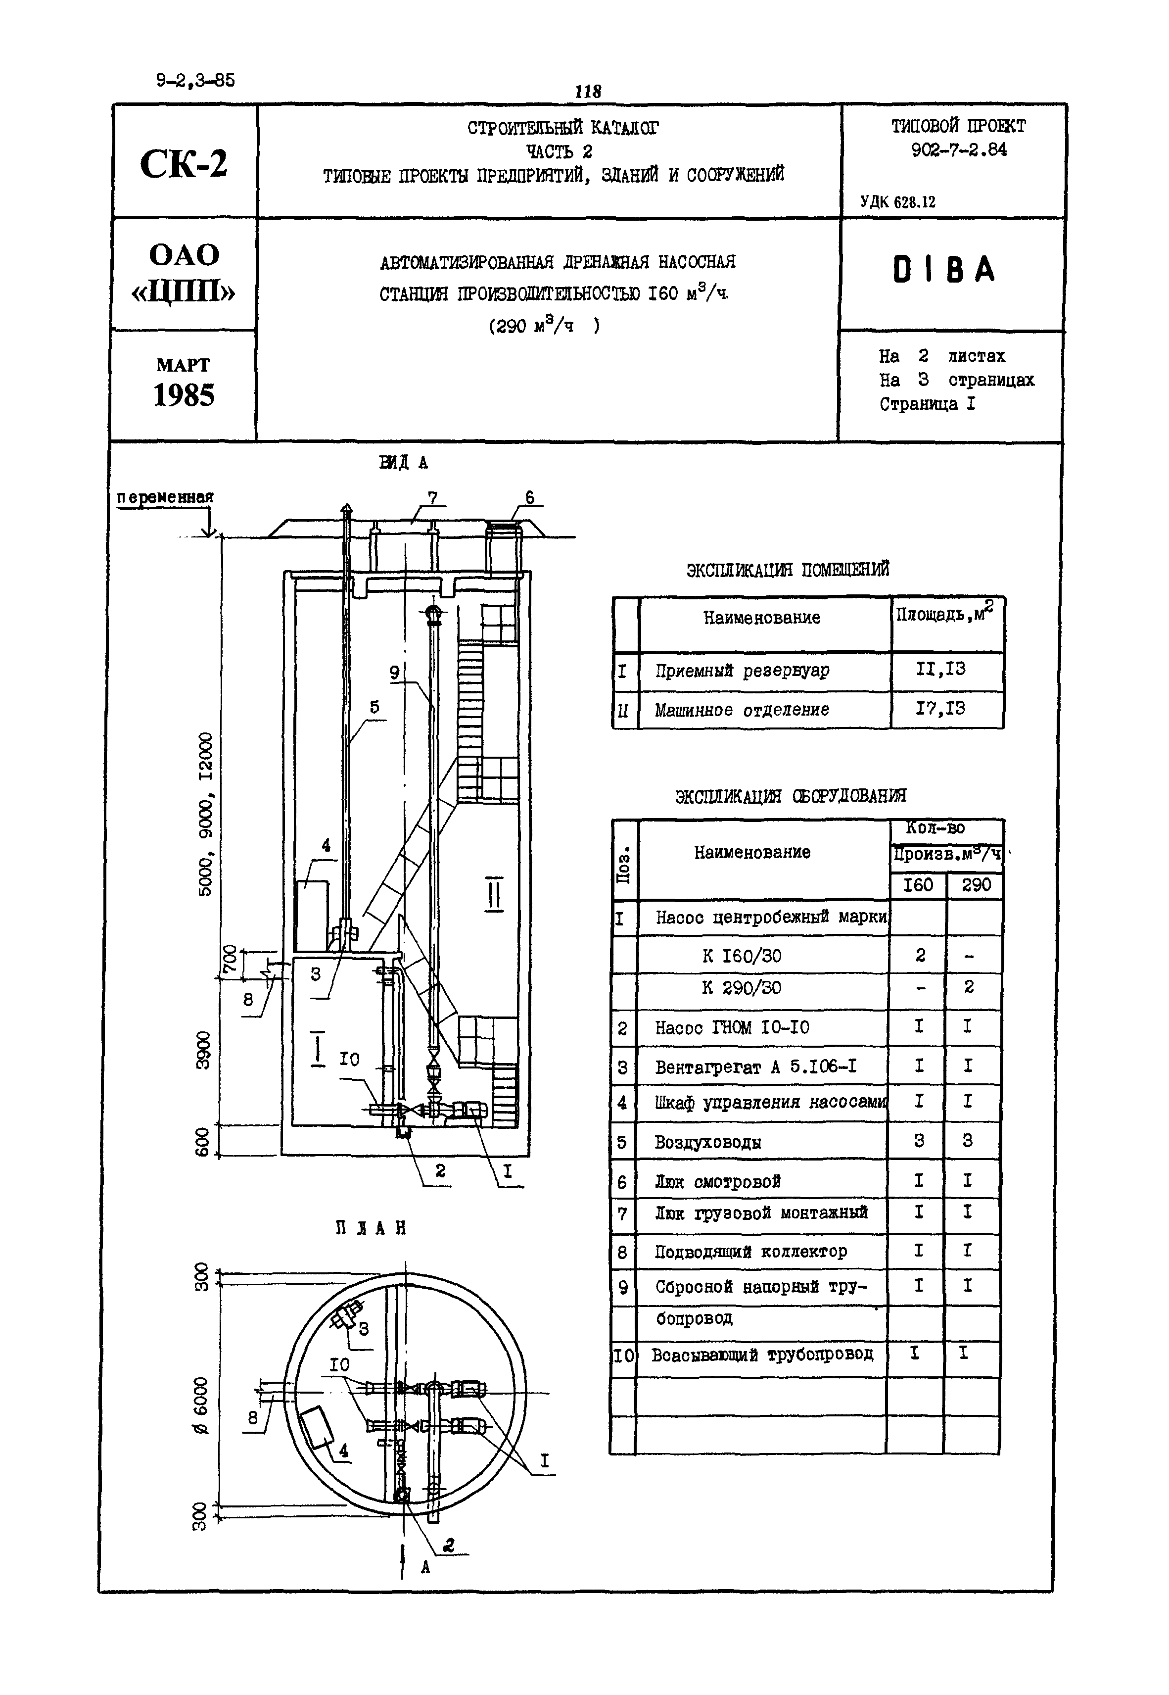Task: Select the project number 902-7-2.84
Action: tap(959, 149)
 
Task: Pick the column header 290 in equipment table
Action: tap(976, 885)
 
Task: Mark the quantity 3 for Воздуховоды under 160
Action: tap(919, 1141)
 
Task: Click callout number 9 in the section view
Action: tap(394, 672)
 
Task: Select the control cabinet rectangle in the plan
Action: tap(317, 1427)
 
